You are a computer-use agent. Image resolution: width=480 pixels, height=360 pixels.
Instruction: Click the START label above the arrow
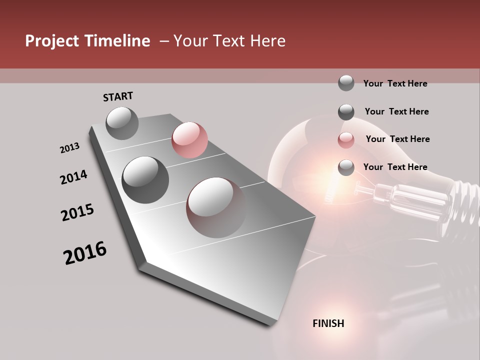[x=118, y=96]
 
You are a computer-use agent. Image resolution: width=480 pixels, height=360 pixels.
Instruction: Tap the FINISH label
[x=328, y=323]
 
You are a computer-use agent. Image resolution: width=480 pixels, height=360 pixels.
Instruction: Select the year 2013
[x=69, y=147]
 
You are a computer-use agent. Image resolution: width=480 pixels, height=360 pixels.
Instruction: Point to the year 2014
[x=73, y=177]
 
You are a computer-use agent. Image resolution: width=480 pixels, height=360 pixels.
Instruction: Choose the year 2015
[x=77, y=212]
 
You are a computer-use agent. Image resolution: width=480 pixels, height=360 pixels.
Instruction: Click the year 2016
[x=85, y=252]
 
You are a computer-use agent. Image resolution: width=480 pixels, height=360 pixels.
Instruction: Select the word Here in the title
[x=267, y=41]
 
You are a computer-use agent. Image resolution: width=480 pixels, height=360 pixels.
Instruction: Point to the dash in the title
[x=163, y=41]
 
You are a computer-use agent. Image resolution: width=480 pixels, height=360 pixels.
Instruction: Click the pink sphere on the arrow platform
[x=189, y=139]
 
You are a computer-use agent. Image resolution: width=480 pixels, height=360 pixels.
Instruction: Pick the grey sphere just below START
[x=122, y=123]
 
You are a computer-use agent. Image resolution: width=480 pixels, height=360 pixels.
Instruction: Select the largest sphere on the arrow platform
[x=216, y=207]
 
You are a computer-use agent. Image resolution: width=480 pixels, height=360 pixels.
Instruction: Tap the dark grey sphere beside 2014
[x=145, y=179]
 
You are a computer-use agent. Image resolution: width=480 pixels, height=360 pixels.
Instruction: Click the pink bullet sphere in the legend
[x=346, y=140]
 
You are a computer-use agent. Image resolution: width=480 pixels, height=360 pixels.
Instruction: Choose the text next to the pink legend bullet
[x=397, y=139]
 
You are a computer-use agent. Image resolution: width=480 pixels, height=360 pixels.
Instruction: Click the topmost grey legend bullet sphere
[x=346, y=83]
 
